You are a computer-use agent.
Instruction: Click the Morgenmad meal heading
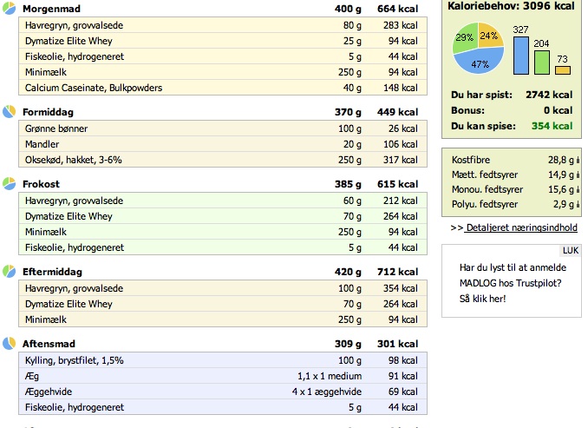click(51, 9)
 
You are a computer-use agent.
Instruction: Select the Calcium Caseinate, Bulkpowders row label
click(94, 88)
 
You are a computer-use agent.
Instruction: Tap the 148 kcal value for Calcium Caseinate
click(401, 88)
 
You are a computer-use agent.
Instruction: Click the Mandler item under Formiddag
click(42, 144)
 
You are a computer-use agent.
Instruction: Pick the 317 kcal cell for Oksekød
click(401, 160)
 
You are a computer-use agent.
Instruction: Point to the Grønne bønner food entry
click(56, 128)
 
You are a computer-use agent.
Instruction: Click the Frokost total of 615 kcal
click(397, 184)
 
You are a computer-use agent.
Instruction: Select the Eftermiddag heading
click(52, 272)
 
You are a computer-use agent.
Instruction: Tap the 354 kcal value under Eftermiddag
click(401, 288)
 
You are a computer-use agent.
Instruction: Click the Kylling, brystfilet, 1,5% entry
click(75, 360)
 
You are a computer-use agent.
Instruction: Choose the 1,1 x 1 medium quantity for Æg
click(330, 376)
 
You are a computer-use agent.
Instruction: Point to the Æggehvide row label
click(49, 392)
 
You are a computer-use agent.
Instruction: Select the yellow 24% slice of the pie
click(490, 36)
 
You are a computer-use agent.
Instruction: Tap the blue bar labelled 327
click(521, 56)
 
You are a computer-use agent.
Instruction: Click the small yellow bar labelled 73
click(563, 70)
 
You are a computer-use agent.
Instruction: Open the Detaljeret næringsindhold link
click(521, 228)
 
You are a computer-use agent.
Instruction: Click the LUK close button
click(571, 250)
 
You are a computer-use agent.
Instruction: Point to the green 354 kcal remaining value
click(552, 126)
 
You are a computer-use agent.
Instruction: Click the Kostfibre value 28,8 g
click(561, 160)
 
